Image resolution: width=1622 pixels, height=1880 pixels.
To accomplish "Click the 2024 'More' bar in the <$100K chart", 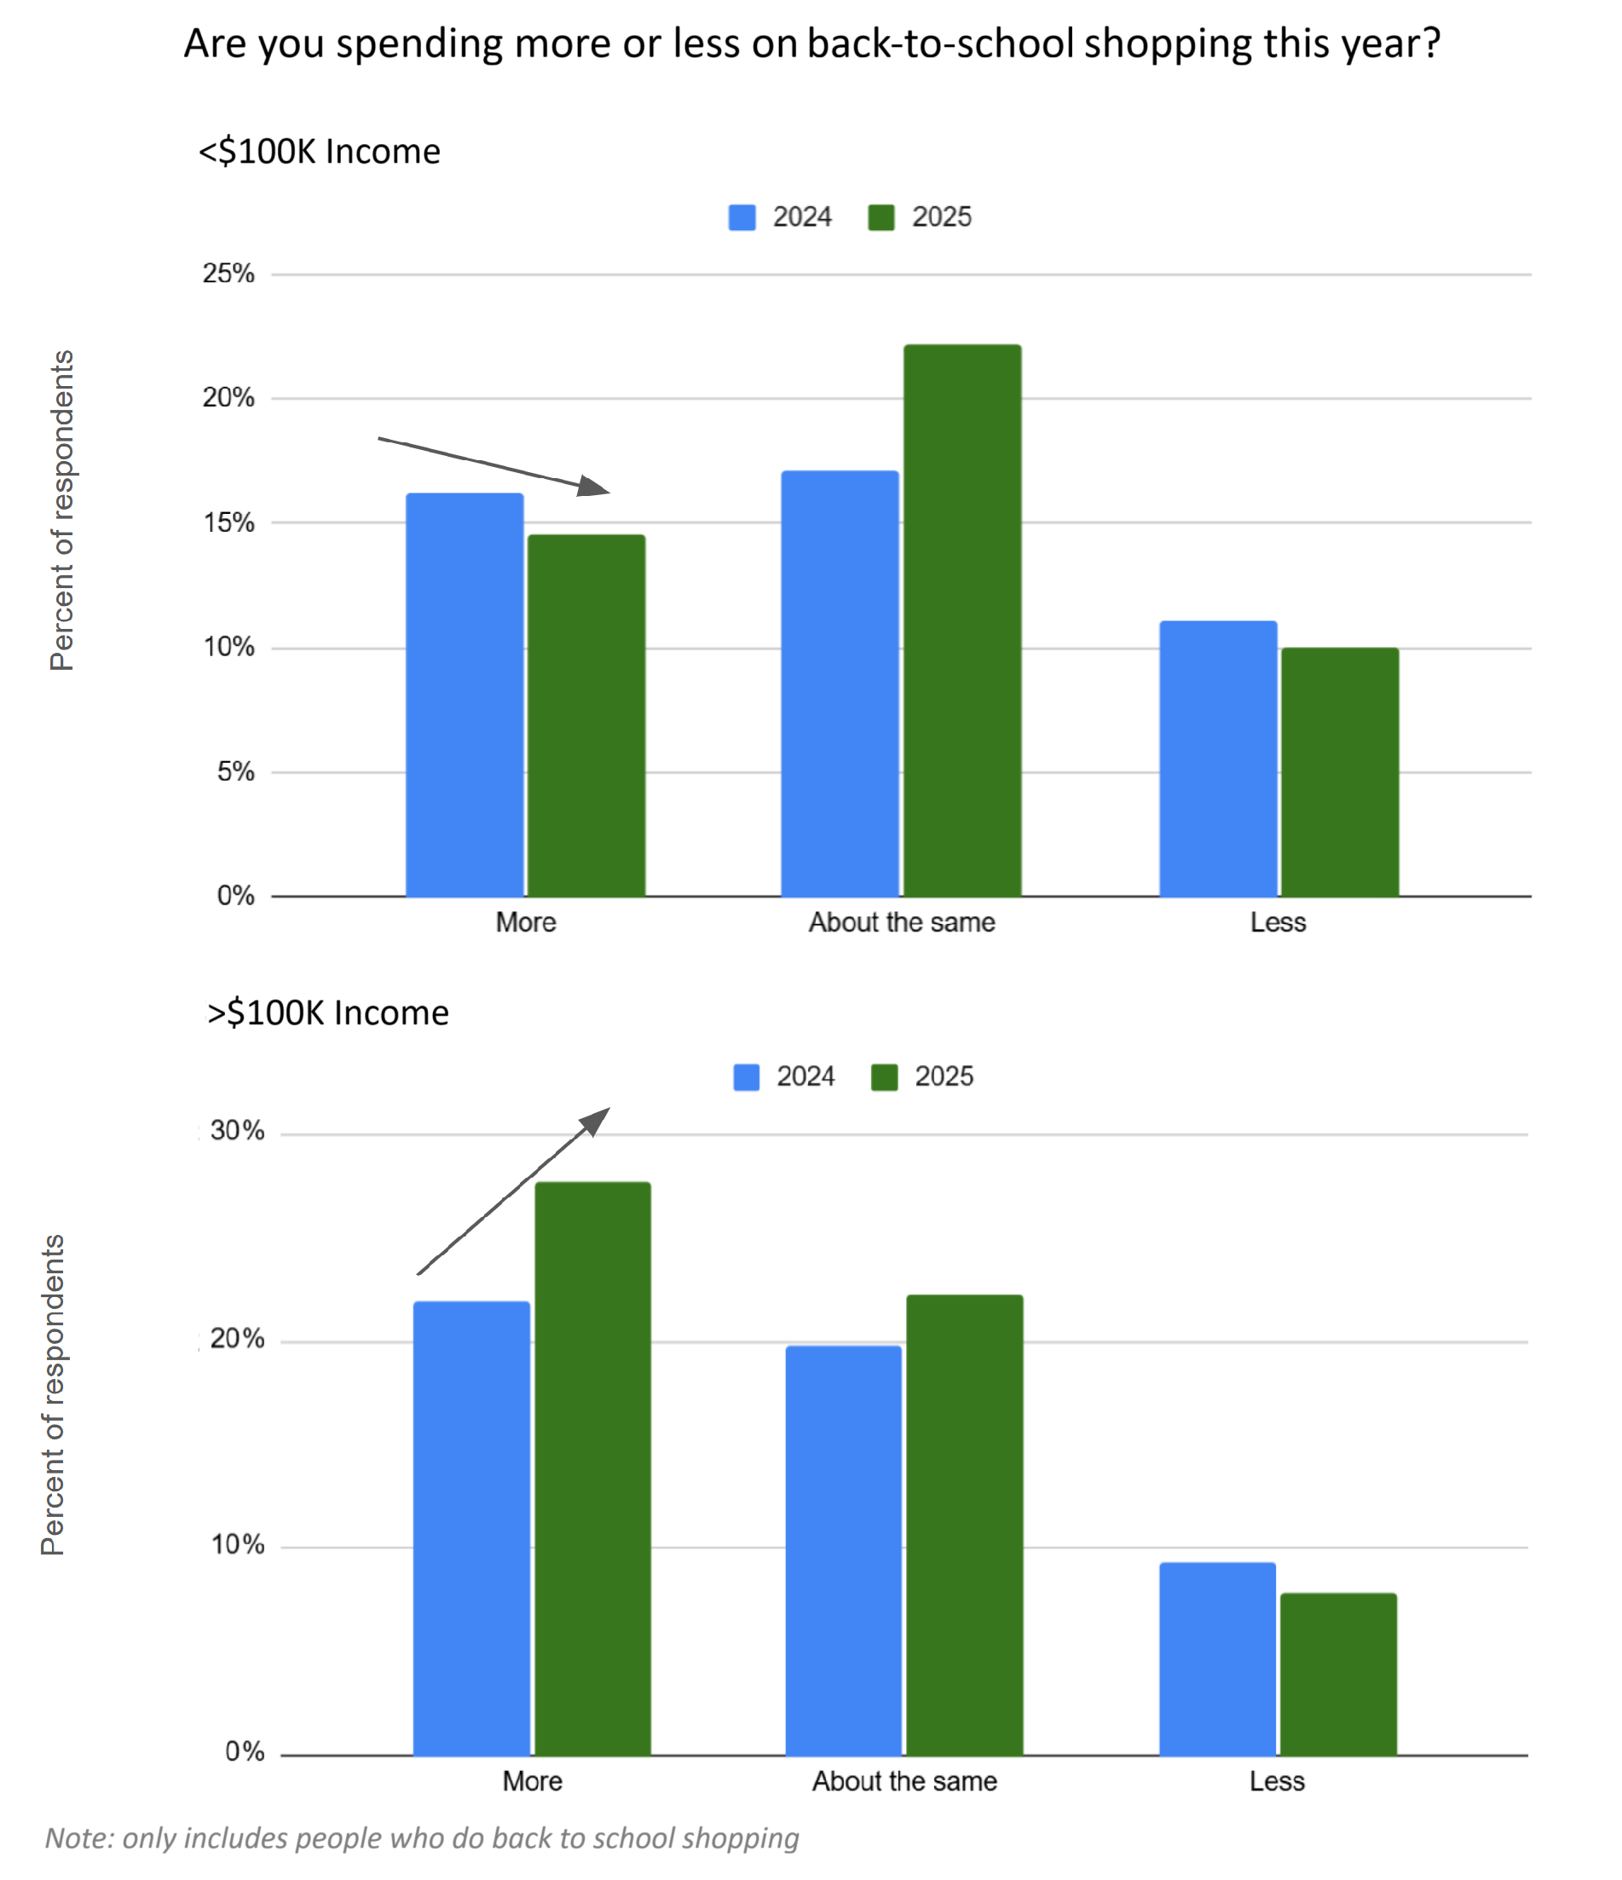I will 464,694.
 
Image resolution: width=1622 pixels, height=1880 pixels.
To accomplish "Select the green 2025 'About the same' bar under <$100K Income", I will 962,620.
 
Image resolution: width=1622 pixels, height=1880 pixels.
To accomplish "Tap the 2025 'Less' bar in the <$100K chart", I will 1339,771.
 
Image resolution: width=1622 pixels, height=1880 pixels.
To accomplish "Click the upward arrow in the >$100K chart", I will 513,1191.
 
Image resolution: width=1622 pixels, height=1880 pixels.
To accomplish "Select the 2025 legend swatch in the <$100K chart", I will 880,218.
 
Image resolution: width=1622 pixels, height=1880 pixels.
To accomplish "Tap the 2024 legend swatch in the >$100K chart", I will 746,1077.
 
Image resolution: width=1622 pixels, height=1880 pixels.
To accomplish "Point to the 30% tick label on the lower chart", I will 237,1131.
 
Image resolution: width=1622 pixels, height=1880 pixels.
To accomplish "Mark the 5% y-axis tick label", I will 235,772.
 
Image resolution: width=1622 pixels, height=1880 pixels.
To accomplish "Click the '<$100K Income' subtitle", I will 320,152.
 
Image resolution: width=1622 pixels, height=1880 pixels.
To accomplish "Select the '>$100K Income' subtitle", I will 327,1012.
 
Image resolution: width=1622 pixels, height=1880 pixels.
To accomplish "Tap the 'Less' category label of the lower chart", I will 1276,1781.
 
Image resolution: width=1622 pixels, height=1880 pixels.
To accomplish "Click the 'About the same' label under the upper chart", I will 901,923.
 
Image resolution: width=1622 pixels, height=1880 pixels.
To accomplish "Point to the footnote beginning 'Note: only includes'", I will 422,1838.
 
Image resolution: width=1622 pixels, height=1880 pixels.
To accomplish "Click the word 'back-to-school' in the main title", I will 940,43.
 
